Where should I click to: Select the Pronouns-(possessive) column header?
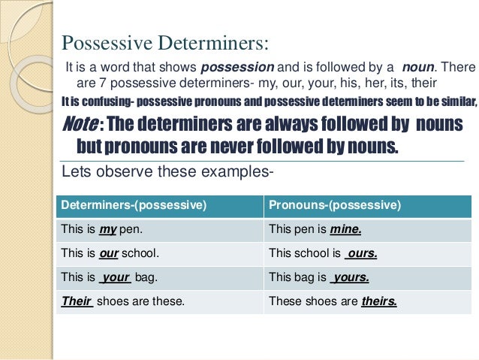[x=335, y=205]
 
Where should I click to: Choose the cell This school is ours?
[x=322, y=253]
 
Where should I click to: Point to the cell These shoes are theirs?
[x=332, y=301]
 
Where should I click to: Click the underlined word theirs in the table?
[x=378, y=301]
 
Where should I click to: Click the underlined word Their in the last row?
[x=76, y=301]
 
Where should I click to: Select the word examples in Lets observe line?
[x=238, y=172]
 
